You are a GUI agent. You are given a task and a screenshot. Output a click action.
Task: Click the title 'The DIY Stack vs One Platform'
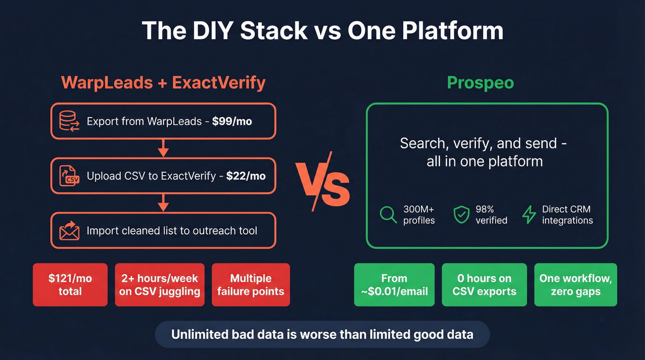coord(322,30)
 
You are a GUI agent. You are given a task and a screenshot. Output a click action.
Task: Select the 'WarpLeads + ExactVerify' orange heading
coord(163,83)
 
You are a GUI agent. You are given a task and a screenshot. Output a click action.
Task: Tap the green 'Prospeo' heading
coord(481,83)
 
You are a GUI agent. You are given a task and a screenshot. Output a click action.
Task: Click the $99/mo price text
coord(232,122)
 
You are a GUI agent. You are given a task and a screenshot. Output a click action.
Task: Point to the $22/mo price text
coord(246,176)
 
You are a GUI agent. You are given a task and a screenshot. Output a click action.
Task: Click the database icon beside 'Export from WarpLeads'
coord(69,121)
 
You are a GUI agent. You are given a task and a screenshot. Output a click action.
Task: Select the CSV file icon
coord(69,176)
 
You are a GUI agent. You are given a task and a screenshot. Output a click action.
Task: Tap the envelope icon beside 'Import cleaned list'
coord(69,230)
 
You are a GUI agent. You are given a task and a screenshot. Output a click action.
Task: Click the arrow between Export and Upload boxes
coord(163,148)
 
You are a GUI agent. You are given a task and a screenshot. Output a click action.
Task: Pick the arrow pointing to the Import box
coord(163,202)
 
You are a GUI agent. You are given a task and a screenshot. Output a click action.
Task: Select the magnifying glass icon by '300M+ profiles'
coord(388,215)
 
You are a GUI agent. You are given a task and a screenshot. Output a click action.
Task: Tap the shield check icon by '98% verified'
coord(461,215)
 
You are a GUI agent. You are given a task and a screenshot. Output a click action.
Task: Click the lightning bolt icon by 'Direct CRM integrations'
coord(529,215)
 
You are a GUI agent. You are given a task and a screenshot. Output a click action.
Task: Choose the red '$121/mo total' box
coord(70,285)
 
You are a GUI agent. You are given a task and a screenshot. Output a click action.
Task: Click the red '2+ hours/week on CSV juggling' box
coord(159,285)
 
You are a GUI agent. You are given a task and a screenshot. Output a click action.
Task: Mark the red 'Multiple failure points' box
coord(251,285)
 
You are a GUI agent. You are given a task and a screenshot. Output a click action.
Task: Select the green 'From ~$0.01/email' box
coord(394,285)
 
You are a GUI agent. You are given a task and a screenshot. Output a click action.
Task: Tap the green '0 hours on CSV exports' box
coord(484,285)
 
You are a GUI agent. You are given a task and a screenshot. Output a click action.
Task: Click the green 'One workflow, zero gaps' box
coord(575,285)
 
